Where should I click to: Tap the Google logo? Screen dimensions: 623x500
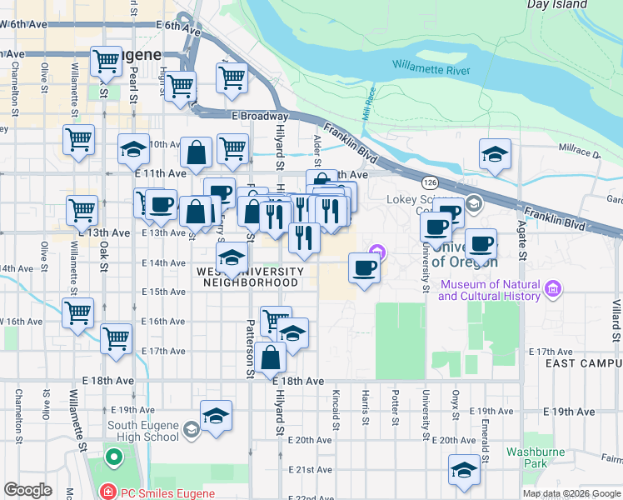point(27,490)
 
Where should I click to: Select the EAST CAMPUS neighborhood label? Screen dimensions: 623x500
point(582,364)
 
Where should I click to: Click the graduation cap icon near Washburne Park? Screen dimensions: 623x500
point(465,470)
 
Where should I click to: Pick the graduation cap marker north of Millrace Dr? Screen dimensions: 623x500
point(496,154)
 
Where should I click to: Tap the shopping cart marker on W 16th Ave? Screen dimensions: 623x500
point(77,312)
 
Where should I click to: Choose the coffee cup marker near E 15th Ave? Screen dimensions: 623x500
point(364,268)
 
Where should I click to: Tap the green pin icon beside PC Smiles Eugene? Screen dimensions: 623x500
point(112,457)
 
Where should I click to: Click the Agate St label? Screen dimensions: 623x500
point(523,242)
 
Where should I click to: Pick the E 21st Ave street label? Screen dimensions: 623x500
point(310,469)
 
